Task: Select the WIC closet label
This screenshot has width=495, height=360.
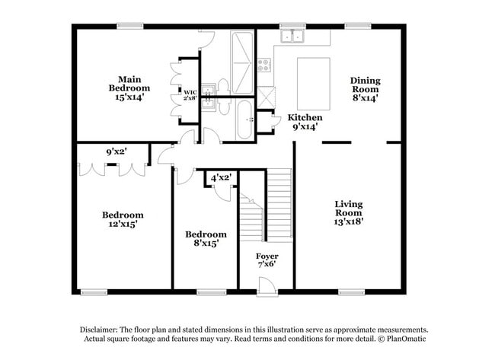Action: coord(190,92)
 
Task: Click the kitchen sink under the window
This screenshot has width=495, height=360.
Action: coord(292,36)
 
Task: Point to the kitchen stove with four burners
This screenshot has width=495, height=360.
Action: coord(264,65)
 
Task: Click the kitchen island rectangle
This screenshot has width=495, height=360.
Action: coord(313,84)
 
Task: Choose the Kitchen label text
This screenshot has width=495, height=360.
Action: coord(305,118)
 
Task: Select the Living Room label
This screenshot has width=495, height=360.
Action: coord(349,208)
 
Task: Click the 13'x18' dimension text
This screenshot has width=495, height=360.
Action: coord(349,222)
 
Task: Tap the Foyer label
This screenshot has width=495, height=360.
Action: coord(267,256)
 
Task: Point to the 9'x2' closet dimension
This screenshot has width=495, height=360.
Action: coord(116,151)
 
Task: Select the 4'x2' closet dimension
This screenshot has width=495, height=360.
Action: coord(221,177)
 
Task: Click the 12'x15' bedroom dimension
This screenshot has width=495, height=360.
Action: coord(123,225)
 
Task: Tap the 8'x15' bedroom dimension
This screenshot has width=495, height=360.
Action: coord(206,244)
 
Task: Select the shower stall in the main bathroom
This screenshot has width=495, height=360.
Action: coord(243,51)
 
